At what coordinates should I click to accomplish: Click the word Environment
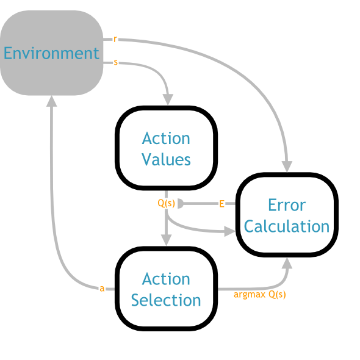(x=51, y=53)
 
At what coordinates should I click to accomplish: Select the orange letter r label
(x=115, y=39)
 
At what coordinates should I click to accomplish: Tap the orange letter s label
(x=116, y=62)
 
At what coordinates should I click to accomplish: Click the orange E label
(x=221, y=204)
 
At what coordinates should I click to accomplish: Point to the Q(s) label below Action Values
(x=166, y=203)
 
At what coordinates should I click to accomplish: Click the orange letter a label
(x=102, y=289)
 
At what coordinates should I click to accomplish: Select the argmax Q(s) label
(x=260, y=294)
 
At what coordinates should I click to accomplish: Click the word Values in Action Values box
(x=166, y=159)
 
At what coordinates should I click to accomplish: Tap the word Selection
(x=166, y=300)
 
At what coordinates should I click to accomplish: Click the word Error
(x=287, y=205)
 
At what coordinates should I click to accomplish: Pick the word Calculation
(x=287, y=226)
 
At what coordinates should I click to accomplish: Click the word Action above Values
(x=166, y=139)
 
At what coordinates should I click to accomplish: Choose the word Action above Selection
(x=166, y=279)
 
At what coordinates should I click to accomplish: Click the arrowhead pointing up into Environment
(x=52, y=101)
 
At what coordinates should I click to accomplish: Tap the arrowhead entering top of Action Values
(x=168, y=99)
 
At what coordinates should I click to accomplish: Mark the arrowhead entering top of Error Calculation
(x=287, y=167)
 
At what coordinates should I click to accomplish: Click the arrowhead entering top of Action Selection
(x=166, y=240)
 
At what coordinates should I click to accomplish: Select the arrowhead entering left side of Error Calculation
(x=229, y=231)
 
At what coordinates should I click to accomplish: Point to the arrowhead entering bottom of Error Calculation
(x=287, y=263)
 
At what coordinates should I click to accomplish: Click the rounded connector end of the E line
(x=181, y=204)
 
